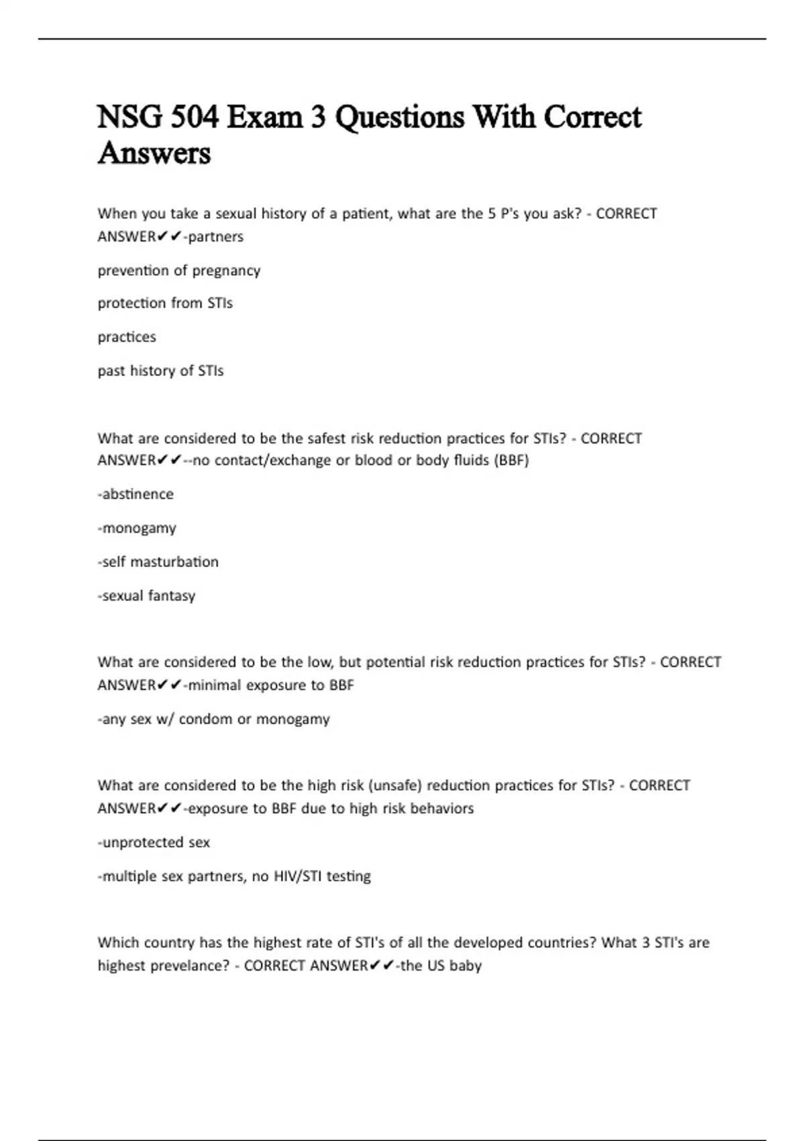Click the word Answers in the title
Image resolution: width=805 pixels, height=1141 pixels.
coord(154,153)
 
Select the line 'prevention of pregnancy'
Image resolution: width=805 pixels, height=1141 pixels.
coord(178,270)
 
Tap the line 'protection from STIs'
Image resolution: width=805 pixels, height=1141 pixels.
coord(165,303)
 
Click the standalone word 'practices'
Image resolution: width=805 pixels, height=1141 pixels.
coord(127,337)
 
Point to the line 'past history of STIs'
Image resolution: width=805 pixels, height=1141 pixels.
coord(160,370)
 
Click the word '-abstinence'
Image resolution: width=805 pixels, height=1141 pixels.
coord(136,494)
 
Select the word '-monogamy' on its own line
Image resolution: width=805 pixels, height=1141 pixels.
coord(137,528)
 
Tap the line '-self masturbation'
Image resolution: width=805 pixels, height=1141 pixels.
coord(158,562)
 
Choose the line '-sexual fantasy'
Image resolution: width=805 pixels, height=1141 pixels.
coord(146,596)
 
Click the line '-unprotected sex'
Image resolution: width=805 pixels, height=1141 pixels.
coord(154,842)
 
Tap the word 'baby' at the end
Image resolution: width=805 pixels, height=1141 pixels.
coord(466,966)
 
